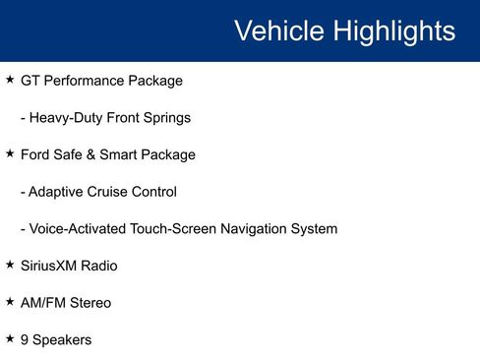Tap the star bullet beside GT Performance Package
pos(10,80)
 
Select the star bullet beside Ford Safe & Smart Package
pos(10,153)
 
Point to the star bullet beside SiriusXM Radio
pos(10,265)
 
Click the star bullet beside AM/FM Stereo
pos(10,302)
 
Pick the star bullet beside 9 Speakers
pos(10,338)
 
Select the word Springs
pos(165,118)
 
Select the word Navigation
pos(251,229)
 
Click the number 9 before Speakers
pos(25,339)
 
